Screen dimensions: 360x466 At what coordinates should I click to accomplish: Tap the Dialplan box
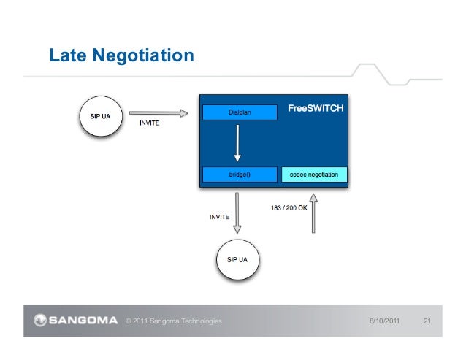click(240, 112)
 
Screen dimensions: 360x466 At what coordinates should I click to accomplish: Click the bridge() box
click(240, 175)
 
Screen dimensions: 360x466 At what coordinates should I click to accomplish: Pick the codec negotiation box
click(314, 175)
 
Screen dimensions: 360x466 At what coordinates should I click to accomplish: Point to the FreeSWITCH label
click(316, 108)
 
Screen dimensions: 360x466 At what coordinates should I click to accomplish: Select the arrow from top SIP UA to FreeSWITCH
click(158, 113)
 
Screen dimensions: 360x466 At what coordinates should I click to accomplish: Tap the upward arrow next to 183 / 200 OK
click(313, 212)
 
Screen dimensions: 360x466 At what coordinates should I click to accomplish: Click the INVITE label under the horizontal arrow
click(149, 123)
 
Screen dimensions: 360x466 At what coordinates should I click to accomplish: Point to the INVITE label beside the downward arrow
click(220, 216)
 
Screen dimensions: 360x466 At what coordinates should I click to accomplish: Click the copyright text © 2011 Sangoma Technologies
click(174, 321)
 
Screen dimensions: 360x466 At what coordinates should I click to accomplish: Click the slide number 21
click(429, 321)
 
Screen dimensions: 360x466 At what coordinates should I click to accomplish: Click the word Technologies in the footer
click(199, 321)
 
